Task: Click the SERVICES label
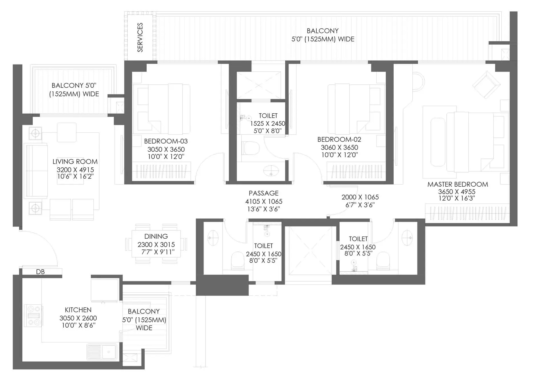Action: point(140,37)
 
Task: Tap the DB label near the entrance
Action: point(40,272)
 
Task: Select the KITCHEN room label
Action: point(78,310)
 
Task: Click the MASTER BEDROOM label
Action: point(458,184)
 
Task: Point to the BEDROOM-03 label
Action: point(166,141)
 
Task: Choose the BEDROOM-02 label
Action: point(339,140)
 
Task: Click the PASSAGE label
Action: point(263,193)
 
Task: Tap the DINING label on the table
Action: point(156,236)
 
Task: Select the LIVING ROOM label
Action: point(75,162)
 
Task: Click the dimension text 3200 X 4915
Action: point(75,170)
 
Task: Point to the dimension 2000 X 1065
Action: point(360,197)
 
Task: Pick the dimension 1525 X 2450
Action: point(267,124)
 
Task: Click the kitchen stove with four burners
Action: point(34,315)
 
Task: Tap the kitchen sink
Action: point(102,352)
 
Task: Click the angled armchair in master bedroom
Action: point(486,84)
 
